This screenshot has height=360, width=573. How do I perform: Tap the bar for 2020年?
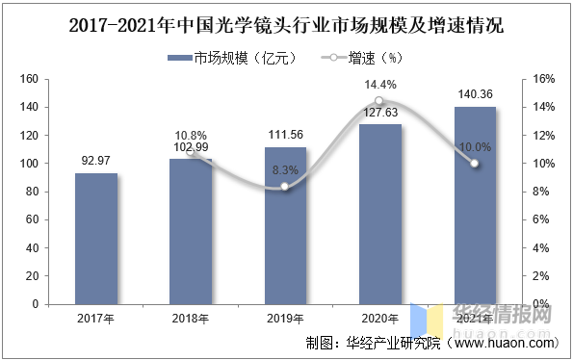pyautogui.click(x=379, y=214)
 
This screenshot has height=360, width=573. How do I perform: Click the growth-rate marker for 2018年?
pyautogui.click(x=191, y=153)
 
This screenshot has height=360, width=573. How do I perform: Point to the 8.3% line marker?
pyautogui.click(x=285, y=188)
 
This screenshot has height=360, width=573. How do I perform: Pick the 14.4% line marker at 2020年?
pyautogui.click(x=379, y=101)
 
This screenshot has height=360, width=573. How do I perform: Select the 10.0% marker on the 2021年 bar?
pyautogui.click(x=474, y=164)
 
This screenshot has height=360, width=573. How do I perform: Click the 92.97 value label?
pyautogui.click(x=96, y=159)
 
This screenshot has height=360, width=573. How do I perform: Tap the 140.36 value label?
pyautogui.click(x=474, y=93)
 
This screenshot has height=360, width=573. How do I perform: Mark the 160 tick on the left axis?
pyautogui.click(x=29, y=79)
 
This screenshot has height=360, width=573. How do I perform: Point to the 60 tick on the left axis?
pyautogui.click(x=32, y=219)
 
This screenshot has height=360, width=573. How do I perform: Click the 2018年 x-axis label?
pyautogui.click(x=191, y=319)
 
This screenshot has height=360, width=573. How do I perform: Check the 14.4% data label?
pyautogui.click(x=379, y=85)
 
